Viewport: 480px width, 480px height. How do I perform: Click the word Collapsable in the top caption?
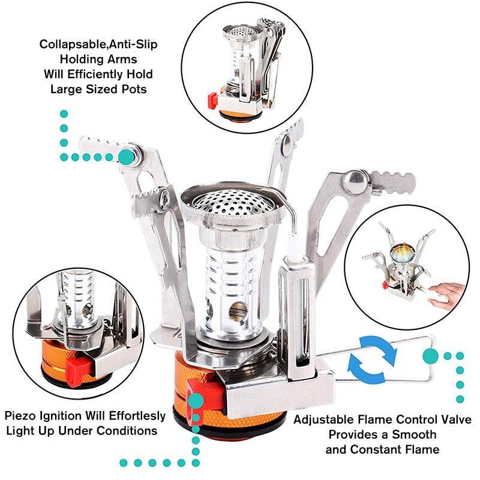(73, 44)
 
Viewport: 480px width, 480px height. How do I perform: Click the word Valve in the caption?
(455, 419)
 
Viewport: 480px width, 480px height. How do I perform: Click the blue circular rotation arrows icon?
(373, 359)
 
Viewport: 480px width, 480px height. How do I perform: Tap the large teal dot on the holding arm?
(127, 157)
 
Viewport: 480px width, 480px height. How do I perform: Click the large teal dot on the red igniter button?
(196, 401)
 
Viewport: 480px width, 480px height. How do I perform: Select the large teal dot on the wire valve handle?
(430, 356)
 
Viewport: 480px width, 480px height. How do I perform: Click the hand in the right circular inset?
(446, 295)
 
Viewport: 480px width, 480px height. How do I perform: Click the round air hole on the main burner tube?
(238, 311)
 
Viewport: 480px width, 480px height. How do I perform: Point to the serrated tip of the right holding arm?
(393, 182)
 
